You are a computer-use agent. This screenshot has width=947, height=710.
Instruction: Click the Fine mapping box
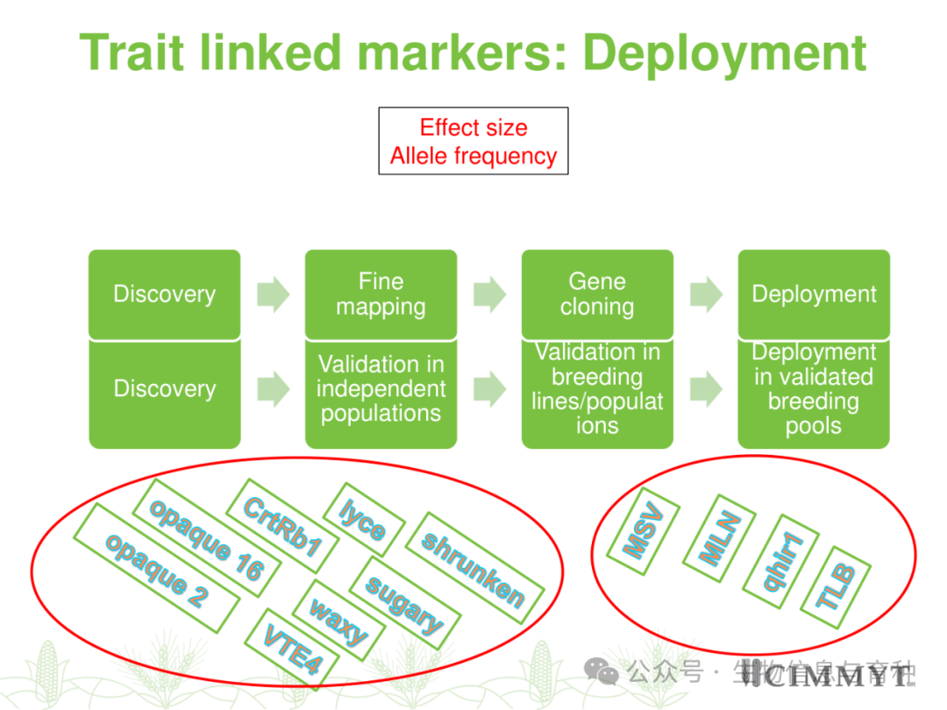pyautogui.click(x=381, y=295)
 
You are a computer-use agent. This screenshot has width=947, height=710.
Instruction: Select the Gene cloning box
pyautogui.click(x=597, y=295)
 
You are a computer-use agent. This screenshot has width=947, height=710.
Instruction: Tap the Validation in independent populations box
pyautogui.click(x=381, y=389)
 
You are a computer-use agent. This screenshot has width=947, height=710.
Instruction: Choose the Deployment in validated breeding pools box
pyautogui.click(x=814, y=389)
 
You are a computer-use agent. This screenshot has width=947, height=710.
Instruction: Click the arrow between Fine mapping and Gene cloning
pyautogui.click(x=490, y=295)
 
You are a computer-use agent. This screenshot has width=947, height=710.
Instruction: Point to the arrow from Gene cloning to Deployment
pyautogui.click(x=707, y=295)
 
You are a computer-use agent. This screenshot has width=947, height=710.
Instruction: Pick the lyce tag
pyautogui.click(x=363, y=519)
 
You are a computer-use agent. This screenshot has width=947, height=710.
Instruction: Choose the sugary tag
pyautogui.click(x=403, y=605)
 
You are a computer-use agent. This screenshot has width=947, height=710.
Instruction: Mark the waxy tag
pyautogui.click(x=338, y=619)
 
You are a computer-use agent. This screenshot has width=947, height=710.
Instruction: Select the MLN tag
pyautogui.click(x=714, y=539)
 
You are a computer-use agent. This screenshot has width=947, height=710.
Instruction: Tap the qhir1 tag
pyautogui.click(x=775, y=561)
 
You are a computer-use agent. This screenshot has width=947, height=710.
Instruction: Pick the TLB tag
pyautogui.click(x=836, y=588)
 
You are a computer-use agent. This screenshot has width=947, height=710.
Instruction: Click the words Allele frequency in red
pyautogui.click(x=473, y=157)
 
